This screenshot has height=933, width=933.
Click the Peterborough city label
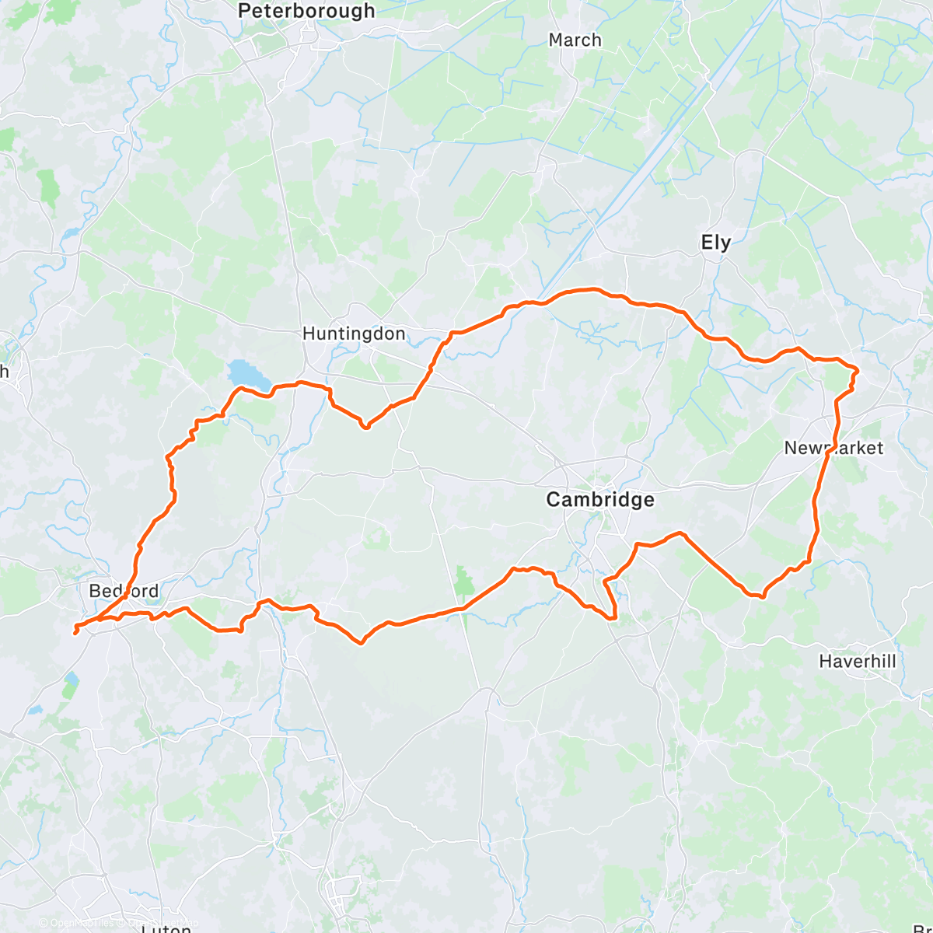(306, 11)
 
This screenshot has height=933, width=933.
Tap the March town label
(575, 40)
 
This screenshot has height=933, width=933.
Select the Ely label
(715, 242)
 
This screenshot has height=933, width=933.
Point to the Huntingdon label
(353, 334)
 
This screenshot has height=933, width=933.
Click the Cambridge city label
(599, 499)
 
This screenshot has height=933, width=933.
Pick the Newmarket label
(833, 448)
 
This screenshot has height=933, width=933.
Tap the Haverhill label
(857, 662)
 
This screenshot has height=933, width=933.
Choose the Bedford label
(124, 591)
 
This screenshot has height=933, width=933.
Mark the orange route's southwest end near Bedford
(75, 633)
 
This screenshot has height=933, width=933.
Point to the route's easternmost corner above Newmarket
(857, 370)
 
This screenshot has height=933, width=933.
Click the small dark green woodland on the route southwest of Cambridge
(463, 581)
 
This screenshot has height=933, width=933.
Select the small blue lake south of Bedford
(71, 685)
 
